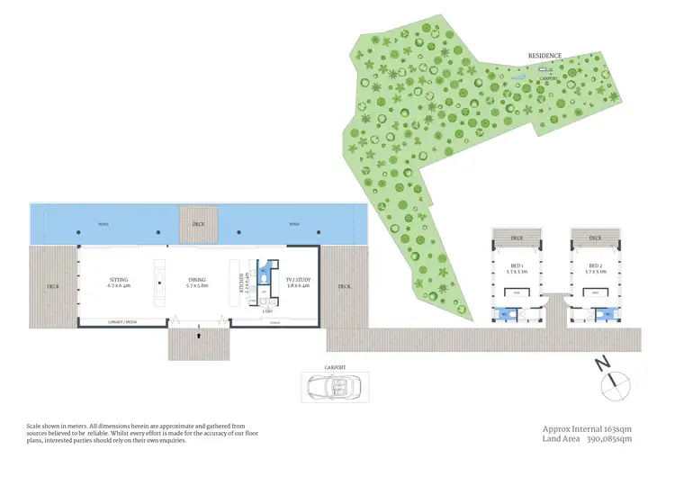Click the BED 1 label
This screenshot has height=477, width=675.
pos(517,268)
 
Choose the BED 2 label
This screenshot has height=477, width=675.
pos(594,268)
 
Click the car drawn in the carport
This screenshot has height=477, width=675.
pos(333,387)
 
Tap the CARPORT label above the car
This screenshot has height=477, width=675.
pos(335,367)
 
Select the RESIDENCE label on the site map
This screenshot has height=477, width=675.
pos(545,56)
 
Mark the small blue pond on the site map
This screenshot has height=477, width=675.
pos(520,82)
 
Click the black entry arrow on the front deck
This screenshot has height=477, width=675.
pos(199,333)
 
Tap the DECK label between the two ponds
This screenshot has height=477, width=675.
pos(198,224)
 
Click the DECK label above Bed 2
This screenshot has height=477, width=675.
pos(594,238)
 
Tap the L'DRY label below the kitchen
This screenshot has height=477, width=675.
pos(268,311)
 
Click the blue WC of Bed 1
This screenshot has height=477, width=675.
pos(501,313)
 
